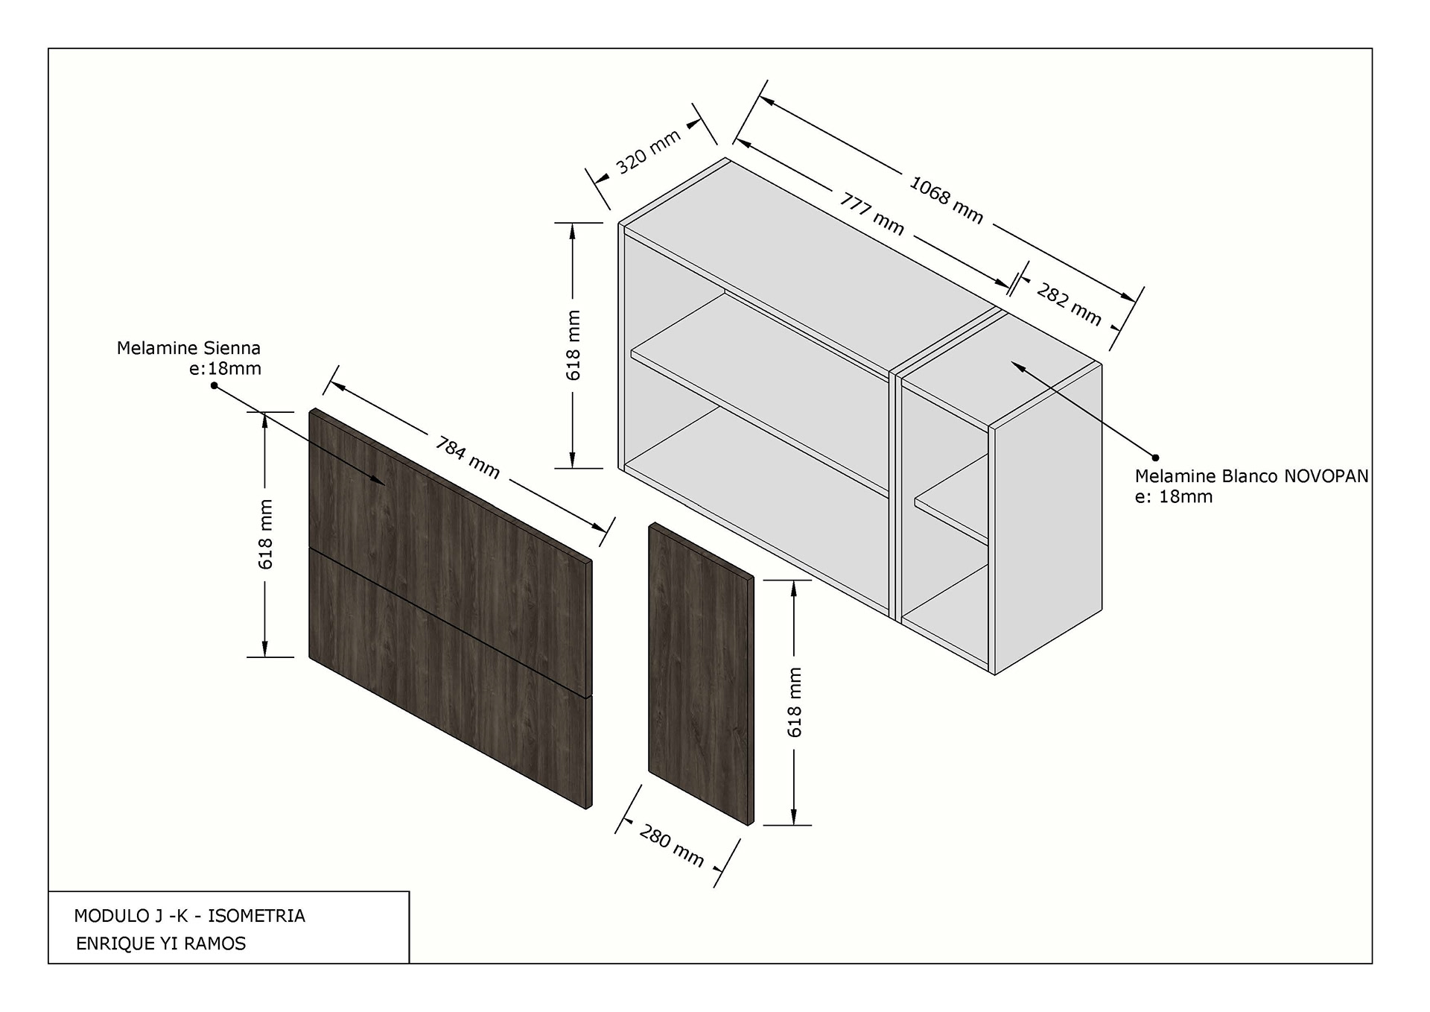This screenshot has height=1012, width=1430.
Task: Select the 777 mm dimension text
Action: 872,214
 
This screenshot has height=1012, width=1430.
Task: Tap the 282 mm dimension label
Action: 1068,305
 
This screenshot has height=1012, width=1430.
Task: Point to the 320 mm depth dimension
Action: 649,152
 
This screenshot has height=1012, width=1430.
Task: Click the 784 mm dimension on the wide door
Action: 467,458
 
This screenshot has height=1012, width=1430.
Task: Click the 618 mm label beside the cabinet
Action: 573,345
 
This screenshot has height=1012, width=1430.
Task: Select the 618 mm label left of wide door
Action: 266,534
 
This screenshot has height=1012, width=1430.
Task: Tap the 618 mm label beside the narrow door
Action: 795,702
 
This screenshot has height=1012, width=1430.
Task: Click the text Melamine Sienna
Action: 188,348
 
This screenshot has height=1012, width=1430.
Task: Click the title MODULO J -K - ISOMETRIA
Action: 189,916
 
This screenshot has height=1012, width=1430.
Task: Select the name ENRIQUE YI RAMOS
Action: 161,943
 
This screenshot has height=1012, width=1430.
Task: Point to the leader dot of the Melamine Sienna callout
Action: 214,385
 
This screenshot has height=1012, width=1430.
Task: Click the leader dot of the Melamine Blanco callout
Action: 1155,458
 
